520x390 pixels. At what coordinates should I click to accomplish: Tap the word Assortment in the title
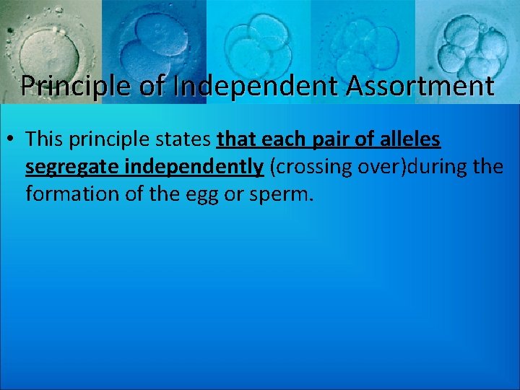421,86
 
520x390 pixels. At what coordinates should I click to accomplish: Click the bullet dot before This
14,139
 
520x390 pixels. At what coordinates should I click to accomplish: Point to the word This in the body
45,139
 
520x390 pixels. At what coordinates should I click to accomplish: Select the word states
186,139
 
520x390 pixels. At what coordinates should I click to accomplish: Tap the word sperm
282,195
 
